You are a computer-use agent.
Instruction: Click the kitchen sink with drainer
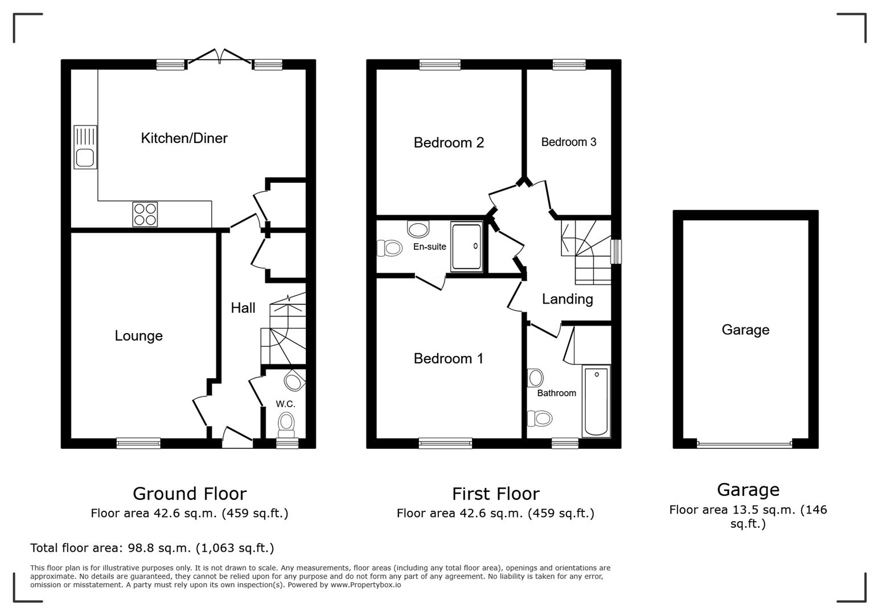click(x=85, y=147)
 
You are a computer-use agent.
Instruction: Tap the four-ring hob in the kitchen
click(x=145, y=214)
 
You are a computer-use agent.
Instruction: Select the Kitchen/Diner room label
click(x=184, y=138)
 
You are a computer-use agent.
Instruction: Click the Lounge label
click(x=138, y=336)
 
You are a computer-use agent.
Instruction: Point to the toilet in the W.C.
click(x=286, y=423)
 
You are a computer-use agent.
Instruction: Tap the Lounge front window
click(x=138, y=443)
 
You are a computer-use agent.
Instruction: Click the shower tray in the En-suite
click(x=466, y=247)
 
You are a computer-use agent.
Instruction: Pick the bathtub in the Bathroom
click(x=596, y=401)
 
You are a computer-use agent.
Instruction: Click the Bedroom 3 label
click(x=568, y=142)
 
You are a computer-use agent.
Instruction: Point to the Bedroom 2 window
click(x=439, y=64)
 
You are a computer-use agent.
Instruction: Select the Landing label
click(x=567, y=299)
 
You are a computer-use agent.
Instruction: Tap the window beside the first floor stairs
click(x=616, y=251)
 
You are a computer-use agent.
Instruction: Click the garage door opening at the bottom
click(x=744, y=444)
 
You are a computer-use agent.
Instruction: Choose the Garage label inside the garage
click(x=745, y=330)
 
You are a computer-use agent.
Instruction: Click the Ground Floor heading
click(x=190, y=493)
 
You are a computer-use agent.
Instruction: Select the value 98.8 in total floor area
click(x=138, y=548)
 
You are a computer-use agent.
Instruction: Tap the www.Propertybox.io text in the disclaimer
click(x=365, y=585)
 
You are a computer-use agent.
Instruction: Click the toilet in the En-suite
click(x=390, y=248)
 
